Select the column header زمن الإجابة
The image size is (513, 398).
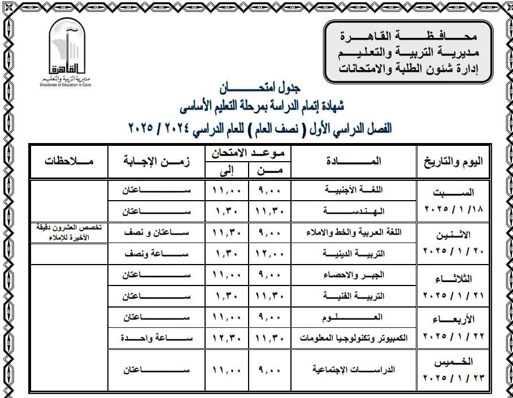[x=155, y=161]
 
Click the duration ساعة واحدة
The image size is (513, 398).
[x=155, y=338]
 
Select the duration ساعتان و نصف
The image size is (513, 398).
[x=155, y=232]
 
